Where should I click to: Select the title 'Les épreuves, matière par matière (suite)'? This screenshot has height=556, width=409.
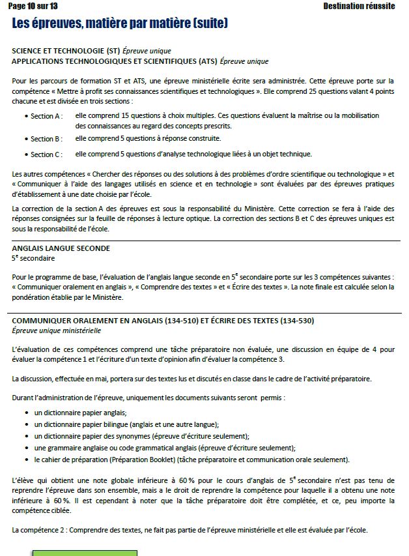point(120,24)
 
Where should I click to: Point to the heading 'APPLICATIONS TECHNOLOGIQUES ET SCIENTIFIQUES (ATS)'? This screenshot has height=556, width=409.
point(115,61)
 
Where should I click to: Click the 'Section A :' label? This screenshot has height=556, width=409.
point(46,116)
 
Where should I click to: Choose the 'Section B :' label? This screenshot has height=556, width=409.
point(46,139)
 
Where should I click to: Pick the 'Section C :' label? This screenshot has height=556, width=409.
point(46,154)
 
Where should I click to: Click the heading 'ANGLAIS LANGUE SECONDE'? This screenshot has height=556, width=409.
point(61,248)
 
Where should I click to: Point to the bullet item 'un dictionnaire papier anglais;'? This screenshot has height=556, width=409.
point(80,413)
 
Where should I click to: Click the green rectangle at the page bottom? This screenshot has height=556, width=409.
point(85,553)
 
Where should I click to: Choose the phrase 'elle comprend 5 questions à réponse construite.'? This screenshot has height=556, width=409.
point(148,138)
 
